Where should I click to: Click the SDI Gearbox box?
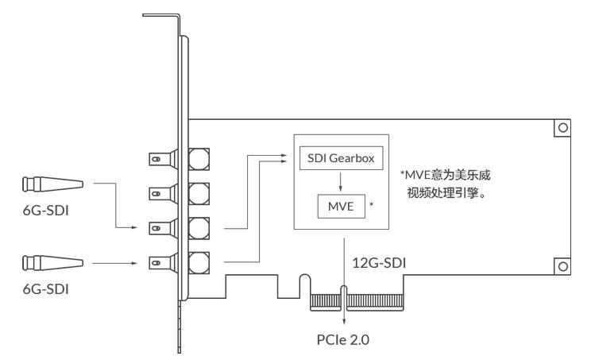point(341,158)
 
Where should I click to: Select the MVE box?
point(341,206)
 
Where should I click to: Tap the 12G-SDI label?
point(379,263)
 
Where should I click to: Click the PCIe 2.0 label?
point(343,339)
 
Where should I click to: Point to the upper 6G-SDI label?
point(46,211)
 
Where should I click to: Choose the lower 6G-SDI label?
point(46,289)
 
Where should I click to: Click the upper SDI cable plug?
point(52,184)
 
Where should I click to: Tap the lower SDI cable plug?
point(52,263)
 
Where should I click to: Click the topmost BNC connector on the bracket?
point(179,159)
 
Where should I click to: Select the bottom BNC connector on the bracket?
point(179,263)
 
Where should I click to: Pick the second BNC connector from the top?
point(179,194)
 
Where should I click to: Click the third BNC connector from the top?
point(179,228)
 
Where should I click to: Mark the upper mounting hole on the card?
point(562,128)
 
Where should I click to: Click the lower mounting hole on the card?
point(562,266)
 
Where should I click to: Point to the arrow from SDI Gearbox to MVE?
point(340,182)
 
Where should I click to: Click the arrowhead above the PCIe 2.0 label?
point(344,321)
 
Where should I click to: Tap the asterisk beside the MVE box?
point(372,205)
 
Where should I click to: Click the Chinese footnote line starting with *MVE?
point(446,175)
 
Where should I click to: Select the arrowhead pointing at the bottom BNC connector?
point(133,263)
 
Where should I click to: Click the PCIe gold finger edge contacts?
point(357,303)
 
